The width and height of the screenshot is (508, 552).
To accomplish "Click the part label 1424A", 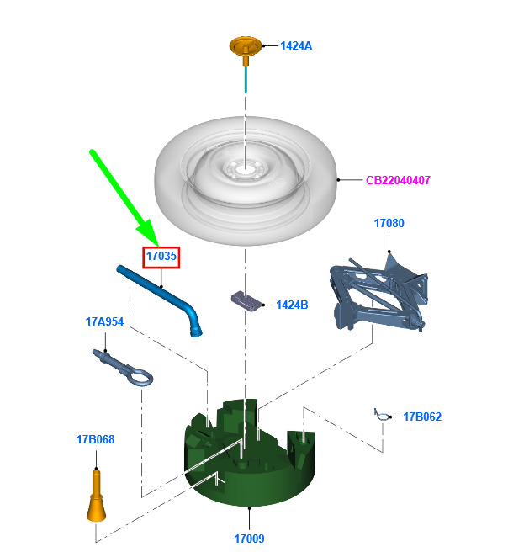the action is point(296,45).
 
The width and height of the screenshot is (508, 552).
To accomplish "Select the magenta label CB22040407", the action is point(398,180).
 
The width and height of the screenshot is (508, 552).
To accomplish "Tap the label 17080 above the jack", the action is point(389,223).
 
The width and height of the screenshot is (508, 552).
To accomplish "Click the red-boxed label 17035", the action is point(161,256).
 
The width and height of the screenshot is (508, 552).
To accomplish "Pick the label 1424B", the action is point(292,305).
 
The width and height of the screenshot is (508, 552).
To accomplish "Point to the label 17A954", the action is point(104,321).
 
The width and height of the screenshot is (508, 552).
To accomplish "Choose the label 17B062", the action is point(422,417).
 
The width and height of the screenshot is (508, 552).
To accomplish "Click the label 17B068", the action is point(95,440).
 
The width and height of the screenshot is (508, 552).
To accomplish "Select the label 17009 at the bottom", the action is point(249,539).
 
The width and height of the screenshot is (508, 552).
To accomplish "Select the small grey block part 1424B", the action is point(247,301).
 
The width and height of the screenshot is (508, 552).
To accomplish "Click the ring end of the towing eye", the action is point(141,377).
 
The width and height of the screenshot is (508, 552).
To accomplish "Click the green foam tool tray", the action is point(250,458).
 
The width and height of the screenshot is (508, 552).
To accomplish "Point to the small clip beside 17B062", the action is point(382,415).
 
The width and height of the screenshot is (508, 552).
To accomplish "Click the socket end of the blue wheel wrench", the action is point(196,331).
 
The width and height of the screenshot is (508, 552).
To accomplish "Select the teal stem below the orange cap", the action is point(246,80).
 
